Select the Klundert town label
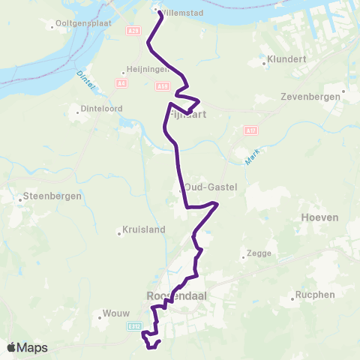(286, 58)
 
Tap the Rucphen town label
(315, 295)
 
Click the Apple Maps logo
(27, 347)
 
